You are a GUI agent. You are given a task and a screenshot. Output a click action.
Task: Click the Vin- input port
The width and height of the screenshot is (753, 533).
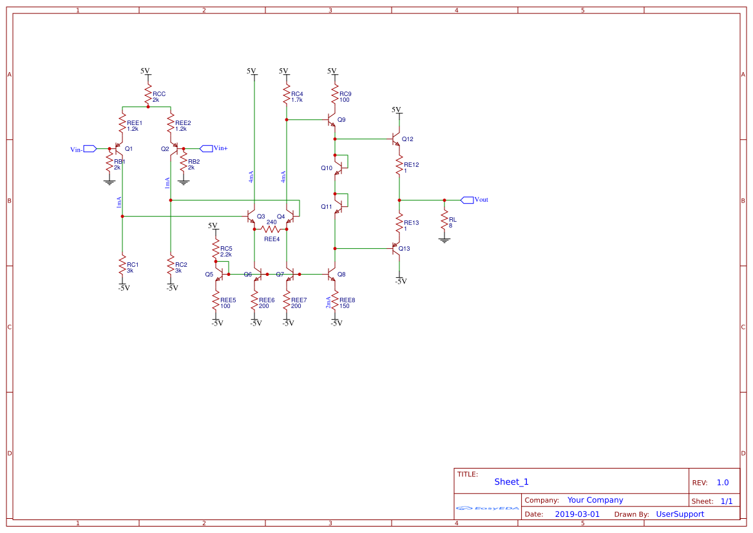tap(90, 149)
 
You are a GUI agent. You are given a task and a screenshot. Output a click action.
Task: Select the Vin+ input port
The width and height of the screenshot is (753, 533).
tap(207, 148)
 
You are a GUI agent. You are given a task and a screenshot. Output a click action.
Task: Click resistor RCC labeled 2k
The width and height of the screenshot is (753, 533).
tap(148, 95)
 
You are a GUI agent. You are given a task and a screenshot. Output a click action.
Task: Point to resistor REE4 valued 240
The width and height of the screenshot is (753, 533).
tap(271, 229)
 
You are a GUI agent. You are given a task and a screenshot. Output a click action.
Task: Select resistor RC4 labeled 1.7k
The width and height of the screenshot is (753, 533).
tap(286, 96)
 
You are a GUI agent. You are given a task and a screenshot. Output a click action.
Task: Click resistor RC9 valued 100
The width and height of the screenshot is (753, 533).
tap(335, 96)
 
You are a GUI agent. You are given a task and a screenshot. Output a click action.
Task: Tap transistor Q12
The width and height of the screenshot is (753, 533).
tap(396, 139)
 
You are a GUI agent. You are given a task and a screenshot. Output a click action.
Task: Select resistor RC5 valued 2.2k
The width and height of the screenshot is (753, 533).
tap(216, 251)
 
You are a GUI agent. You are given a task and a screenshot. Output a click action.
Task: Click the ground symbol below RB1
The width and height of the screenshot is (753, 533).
tap(109, 182)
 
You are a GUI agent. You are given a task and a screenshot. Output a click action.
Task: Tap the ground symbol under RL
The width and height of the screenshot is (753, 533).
tap(444, 240)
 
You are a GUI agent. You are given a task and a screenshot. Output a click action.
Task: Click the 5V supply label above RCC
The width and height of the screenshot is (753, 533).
tap(145, 70)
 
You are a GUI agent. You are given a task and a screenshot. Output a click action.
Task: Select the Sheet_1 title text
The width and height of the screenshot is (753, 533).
tap(511, 481)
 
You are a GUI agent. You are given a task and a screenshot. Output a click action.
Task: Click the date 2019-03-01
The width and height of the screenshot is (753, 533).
tap(577, 514)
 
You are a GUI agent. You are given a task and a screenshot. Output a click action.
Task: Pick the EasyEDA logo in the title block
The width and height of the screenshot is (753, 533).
tap(488, 508)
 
